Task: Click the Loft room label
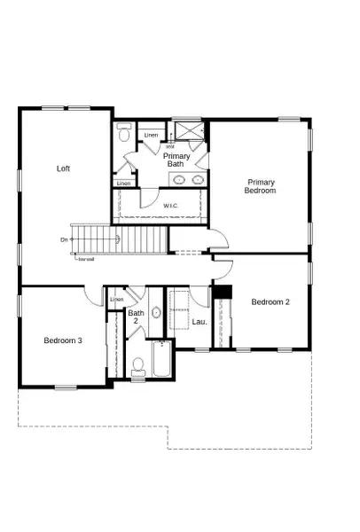(63, 168)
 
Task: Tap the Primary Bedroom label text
(261, 186)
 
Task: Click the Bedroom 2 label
(270, 302)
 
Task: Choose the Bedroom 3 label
(63, 340)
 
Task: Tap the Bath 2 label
(136, 317)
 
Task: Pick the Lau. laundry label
(200, 321)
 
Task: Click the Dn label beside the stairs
(65, 239)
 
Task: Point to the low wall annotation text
(86, 259)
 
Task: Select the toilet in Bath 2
(137, 364)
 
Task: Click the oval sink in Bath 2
(155, 312)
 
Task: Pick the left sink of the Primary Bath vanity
(178, 180)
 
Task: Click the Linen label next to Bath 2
(117, 300)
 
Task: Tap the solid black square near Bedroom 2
(220, 293)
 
